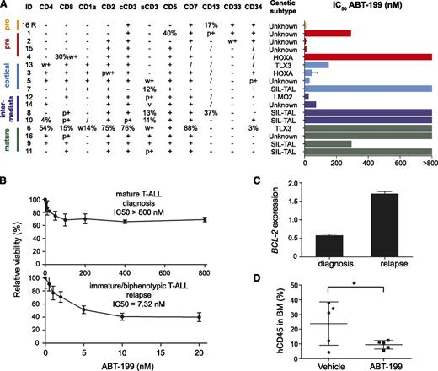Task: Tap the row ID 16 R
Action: click(31, 26)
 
